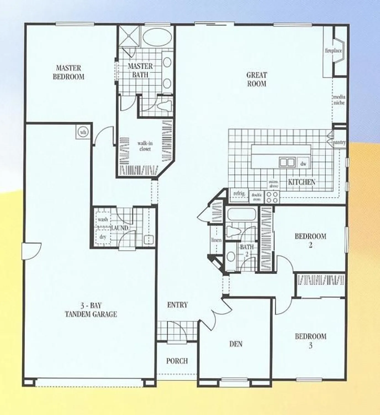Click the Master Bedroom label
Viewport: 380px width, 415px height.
(68, 72)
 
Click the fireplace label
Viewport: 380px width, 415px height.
(333, 51)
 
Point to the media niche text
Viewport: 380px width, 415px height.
(339, 100)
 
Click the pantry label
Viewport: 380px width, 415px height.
(339, 142)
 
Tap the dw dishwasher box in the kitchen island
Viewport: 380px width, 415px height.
(303, 164)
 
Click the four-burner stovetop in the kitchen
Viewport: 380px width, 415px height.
(272, 197)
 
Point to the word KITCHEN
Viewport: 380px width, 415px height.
(302, 182)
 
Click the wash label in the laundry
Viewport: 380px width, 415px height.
(103, 219)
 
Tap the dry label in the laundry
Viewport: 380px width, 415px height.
(103, 237)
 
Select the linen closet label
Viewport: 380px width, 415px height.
(216, 240)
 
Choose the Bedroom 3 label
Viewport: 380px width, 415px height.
(310, 341)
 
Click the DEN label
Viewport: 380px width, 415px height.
(236, 344)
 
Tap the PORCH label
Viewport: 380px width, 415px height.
(177, 361)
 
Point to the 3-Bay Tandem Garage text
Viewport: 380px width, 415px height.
(91, 310)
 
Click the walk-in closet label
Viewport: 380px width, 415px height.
(145, 146)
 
